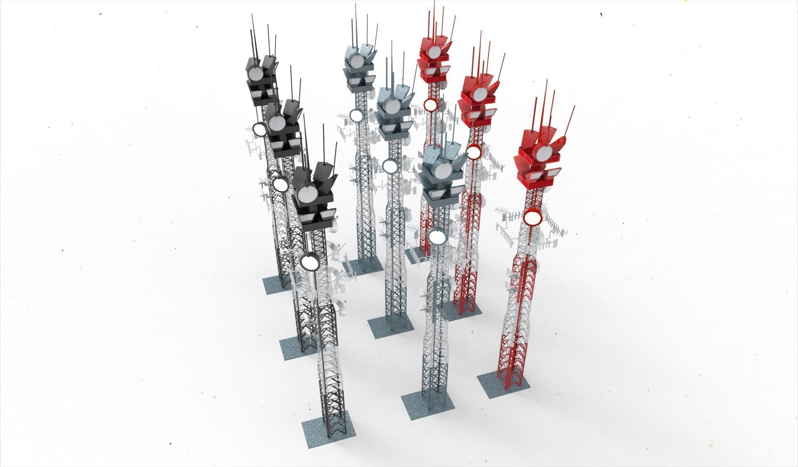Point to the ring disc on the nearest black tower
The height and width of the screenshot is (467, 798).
pos(308,262)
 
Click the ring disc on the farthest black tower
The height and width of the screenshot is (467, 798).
pos(259,129)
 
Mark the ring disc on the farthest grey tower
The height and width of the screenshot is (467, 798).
pos(356,115)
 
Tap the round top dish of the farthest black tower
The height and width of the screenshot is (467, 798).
pos(255,74)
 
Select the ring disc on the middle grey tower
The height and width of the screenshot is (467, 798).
pos(390,166)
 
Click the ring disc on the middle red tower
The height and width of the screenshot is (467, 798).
pos(473,152)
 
